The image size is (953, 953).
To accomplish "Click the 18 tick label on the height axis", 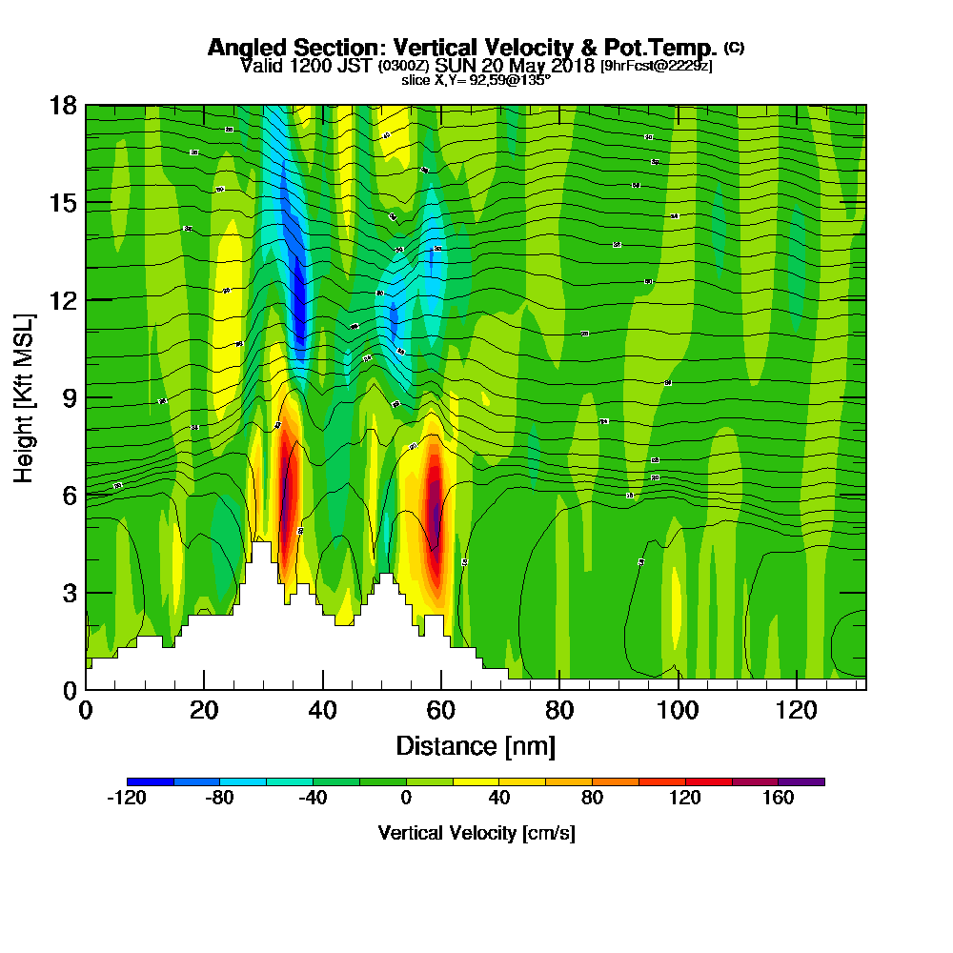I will [63, 106].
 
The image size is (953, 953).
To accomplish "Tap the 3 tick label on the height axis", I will [69, 593].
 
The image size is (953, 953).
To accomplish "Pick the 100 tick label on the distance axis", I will [678, 710].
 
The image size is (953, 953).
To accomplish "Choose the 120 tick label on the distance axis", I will [796, 710].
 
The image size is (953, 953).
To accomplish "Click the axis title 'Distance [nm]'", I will [476, 745].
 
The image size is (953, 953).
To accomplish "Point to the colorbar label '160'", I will [778, 800].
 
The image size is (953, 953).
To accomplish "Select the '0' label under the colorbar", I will [406, 800].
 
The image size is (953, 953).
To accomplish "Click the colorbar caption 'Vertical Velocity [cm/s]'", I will [476, 833].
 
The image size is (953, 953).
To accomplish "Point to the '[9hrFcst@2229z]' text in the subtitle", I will [656, 66].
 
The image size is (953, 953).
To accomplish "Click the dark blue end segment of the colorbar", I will [151, 781].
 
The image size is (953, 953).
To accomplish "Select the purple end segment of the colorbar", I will [801, 781].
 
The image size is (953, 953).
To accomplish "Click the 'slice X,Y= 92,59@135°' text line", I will [476, 80].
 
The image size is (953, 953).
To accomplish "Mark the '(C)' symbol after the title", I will [734, 47].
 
